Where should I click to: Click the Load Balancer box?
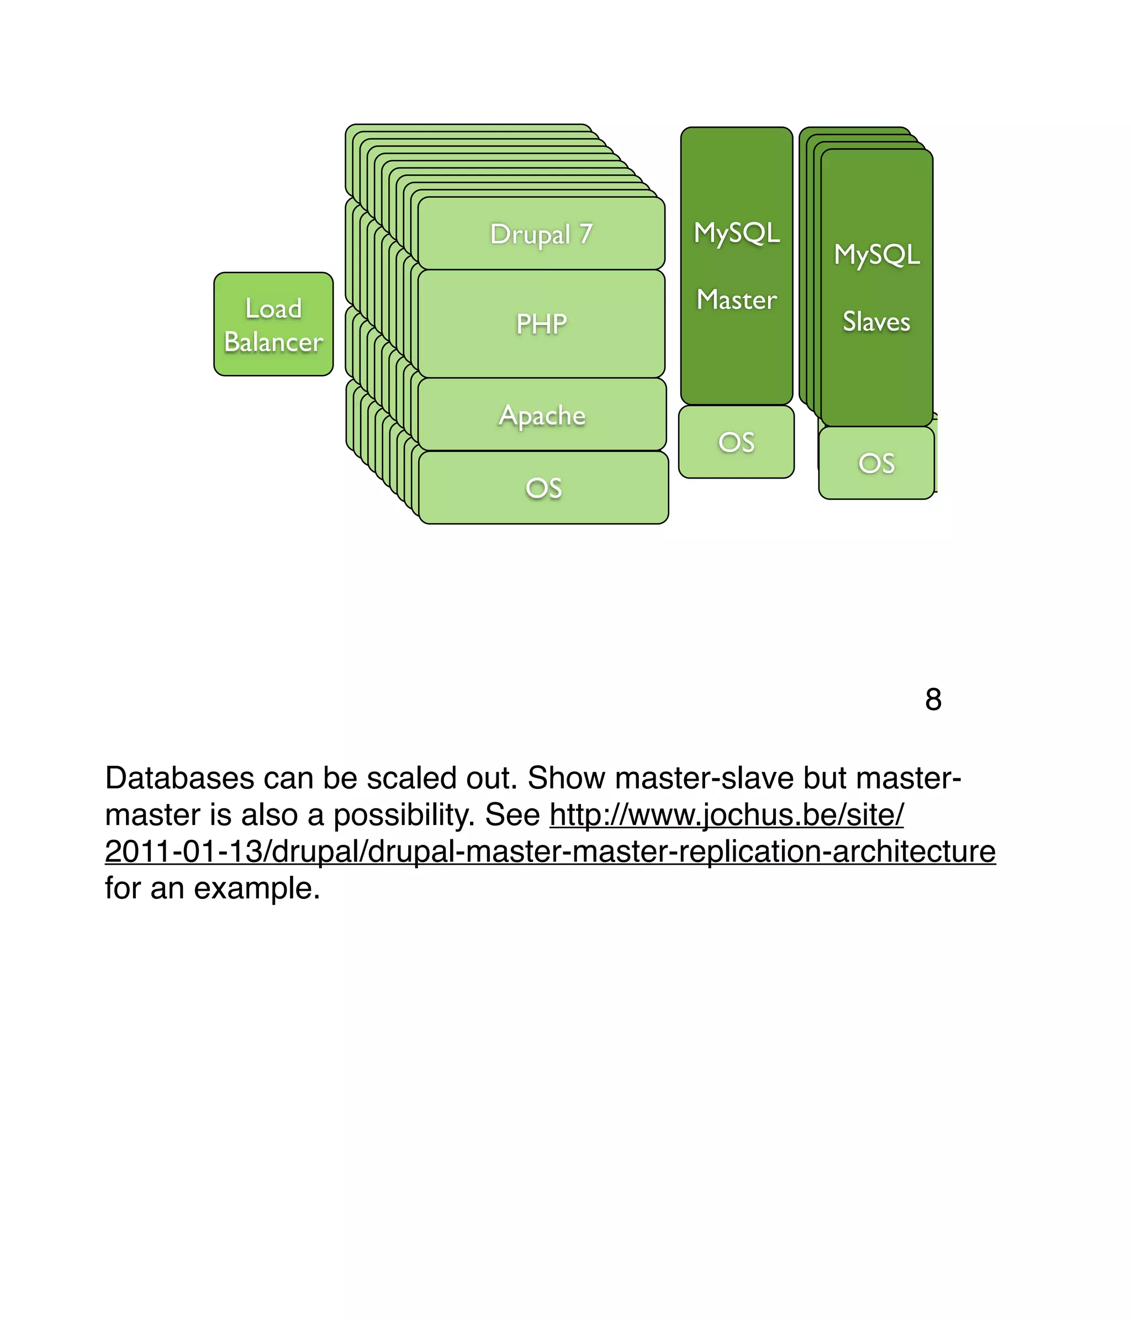(273, 324)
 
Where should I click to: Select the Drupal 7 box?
(541, 234)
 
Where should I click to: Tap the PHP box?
(541, 324)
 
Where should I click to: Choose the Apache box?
(542, 416)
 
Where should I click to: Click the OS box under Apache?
(544, 488)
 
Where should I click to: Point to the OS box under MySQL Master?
(736, 442)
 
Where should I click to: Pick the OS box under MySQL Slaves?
(876, 463)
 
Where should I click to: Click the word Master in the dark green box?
(737, 299)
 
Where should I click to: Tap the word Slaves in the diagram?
(876, 321)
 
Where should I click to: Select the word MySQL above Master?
(737, 233)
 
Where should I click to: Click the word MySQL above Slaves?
(877, 254)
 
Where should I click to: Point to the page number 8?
(933, 700)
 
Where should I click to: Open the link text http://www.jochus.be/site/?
(727, 815)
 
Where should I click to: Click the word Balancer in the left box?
(274, 342)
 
